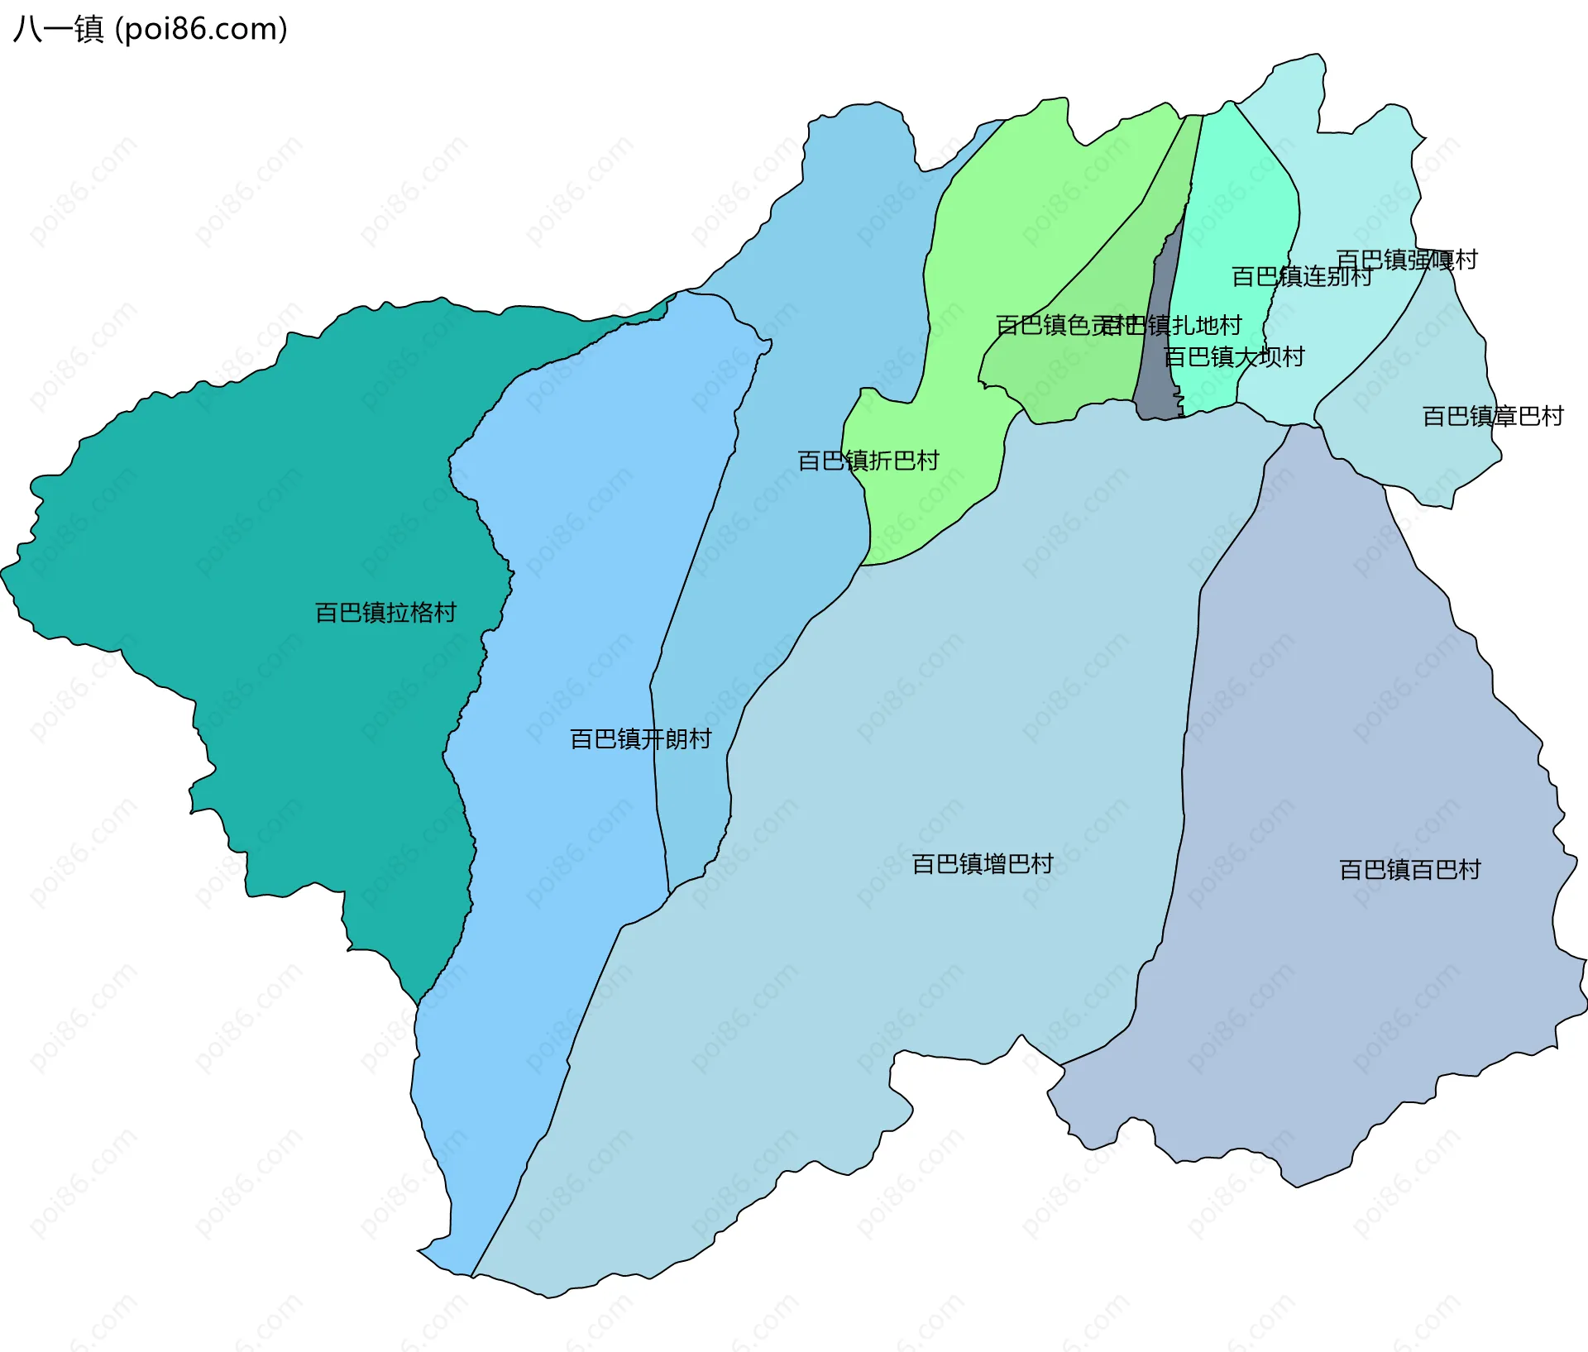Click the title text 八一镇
click(58, 29)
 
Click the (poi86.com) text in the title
click(201, 29)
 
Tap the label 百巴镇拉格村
click(385, 613)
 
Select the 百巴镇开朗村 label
click(640, 739)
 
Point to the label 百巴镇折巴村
click(868, 461)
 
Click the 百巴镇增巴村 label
click(982, 864)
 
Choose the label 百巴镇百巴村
click(1409, 870)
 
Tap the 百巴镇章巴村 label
click(1492, 416)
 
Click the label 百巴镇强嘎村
click(1406, 260)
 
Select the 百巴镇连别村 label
click(1301, 276)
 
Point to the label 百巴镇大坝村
click(1233, 357)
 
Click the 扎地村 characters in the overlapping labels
click(1208, 325)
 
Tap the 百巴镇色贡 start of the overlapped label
click(1046, 325)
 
